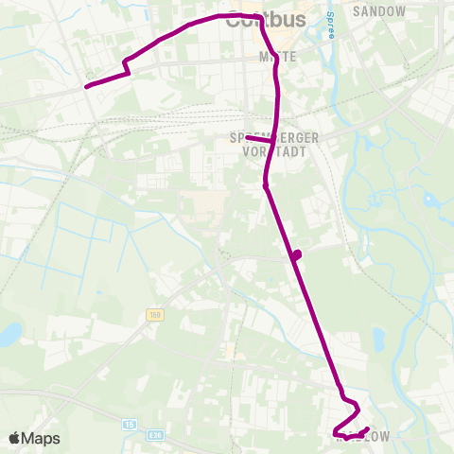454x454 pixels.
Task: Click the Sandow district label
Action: click(378, 11)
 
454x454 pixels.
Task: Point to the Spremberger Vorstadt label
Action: click(274, 144)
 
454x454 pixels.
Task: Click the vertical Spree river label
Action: click(330, 20)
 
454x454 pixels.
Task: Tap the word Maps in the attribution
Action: click(42, 438)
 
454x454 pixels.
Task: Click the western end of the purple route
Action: click(87, 86)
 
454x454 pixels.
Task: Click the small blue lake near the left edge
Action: click(9, 334)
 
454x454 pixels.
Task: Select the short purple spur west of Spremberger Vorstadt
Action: click(253, 138)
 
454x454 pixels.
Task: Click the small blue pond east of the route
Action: click(379, 339)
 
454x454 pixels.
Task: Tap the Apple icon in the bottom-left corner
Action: click(14, 438)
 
